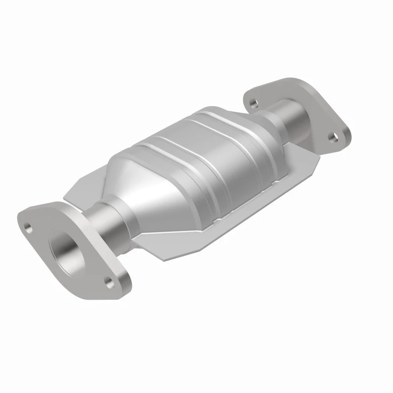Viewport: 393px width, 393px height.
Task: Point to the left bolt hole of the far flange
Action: (253, 103)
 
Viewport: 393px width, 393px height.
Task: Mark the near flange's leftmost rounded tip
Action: (20, 216)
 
